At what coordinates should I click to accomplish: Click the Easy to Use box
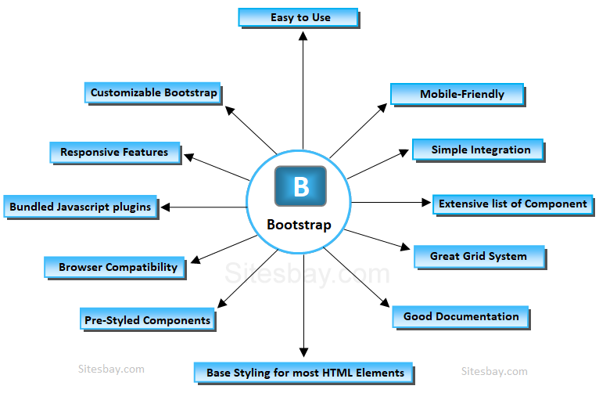coord(298,17)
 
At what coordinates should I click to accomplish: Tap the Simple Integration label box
coord(478,150)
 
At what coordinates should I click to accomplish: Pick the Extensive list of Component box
coord(512,204)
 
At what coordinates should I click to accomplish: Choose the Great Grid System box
coord(479,256)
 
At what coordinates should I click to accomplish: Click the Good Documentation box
coord(461,316)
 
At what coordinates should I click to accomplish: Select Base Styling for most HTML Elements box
coord(304,372)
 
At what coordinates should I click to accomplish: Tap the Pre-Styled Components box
coord(148,319)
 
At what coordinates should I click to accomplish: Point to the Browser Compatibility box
coord(118,267)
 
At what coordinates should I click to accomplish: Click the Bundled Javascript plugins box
coord(81,207)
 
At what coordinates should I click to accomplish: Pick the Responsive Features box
coord(114,152)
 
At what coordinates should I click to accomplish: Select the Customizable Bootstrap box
coord(153,92)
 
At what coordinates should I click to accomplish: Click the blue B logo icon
coord(301,187)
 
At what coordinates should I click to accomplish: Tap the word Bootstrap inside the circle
coord(299,225)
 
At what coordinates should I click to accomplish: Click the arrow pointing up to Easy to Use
coord(303,86)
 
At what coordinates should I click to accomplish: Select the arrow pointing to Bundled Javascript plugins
coord(203,207)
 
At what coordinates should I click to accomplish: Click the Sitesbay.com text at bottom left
coord(111,368)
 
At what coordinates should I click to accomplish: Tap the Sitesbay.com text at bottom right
coord(494,371)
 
